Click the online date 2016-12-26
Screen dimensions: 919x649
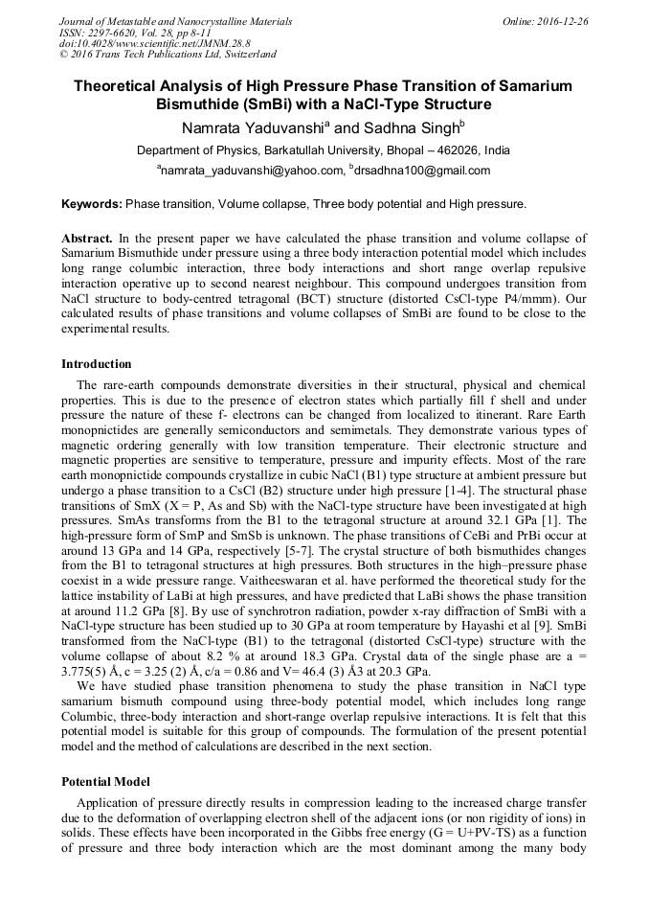(x=566, y=21)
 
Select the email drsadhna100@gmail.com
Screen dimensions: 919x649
(x=425, y=171)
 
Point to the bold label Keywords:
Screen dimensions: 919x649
(x=92, y=204)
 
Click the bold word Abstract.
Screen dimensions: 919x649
(x=87, y=238)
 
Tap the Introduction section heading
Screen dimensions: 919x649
(x=97, y=364)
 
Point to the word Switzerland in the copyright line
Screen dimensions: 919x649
(x=246, y=56)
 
